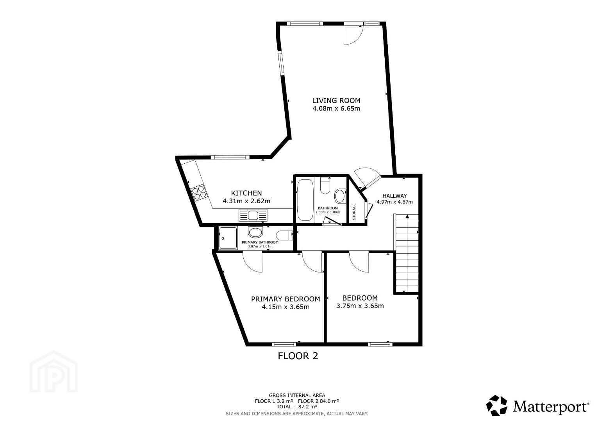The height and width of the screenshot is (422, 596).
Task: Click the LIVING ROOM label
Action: (x=336, y=101)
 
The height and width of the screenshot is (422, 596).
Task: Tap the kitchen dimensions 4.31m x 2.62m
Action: (x=246, y=201)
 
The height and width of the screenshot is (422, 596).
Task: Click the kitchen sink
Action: (x=253, y=215)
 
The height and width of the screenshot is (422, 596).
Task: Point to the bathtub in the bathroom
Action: (x=305, y=200)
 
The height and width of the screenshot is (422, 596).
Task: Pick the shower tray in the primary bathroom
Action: (x=228, y=238)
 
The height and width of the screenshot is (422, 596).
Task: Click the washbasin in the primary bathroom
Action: (x=255, y=232)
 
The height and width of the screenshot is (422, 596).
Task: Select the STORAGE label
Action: (x=354, y=212)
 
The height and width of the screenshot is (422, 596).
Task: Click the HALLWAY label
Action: (x=394, y=196)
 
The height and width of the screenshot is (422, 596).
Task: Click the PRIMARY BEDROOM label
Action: (x=286, y=299)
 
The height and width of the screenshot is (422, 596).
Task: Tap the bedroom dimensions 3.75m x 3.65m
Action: (x=360, y=306)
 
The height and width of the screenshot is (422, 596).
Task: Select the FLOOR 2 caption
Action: (x=298, y=356)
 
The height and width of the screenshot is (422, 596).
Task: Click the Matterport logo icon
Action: (x=497, y=406)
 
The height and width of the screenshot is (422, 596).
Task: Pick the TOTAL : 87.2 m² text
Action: (x=297, y=406)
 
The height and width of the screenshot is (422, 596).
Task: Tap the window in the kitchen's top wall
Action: (x=230, y=157)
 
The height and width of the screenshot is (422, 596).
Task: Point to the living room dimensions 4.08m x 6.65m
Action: (x=336, y=109)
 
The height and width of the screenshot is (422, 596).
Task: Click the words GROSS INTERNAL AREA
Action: (x=297, y=395)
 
